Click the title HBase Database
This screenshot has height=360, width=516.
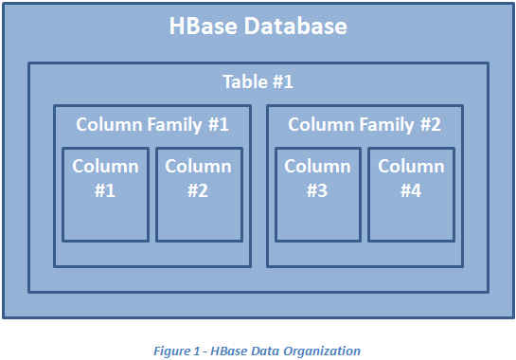258,26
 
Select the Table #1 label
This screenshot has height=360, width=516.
258,81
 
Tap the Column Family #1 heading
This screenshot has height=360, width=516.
152,125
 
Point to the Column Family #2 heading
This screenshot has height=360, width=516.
365,125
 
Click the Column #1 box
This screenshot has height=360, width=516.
105,194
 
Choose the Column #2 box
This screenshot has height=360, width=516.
199,194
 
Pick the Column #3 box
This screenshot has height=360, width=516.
318,194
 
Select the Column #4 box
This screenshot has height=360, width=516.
411,194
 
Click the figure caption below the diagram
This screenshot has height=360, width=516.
257,351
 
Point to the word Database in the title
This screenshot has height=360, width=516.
295,26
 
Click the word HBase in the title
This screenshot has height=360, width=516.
203,26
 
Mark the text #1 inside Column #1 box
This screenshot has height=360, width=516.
105,190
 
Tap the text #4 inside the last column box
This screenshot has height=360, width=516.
411,190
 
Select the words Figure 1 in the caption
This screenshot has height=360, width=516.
176,351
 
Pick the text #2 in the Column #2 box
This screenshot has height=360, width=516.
198,190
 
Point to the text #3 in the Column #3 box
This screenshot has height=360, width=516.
317,190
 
